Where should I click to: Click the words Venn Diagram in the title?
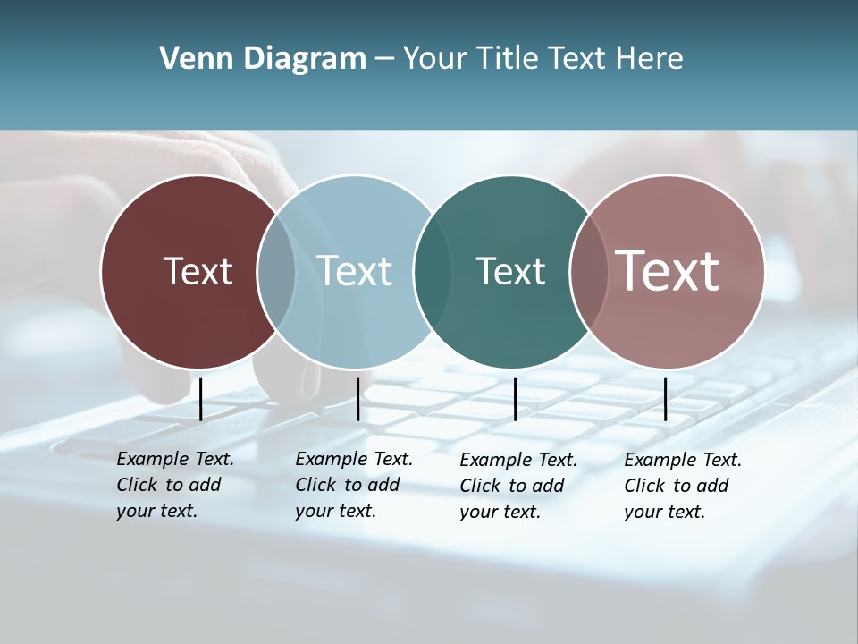tap(263, 59)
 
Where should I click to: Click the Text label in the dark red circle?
tap(198, 271)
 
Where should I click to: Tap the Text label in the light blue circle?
tap(355, 271)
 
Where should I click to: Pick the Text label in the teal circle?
tap(510, 271)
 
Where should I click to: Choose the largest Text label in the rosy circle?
tap(667, 270)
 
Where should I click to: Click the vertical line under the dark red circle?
tap(200, 399)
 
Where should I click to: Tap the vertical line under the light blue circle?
tap(357, 399)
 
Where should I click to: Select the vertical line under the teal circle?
tap(515, 399)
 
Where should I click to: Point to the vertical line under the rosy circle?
tap(665, 399)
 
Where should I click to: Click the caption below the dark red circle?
tap(175, 485)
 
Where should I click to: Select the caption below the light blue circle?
tap(354, 485)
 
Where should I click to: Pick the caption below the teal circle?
tap(518, 486)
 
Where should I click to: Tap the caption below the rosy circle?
tap(683, 486)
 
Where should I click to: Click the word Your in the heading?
tap(435, 59)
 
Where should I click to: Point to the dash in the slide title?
tap(384, 60)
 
